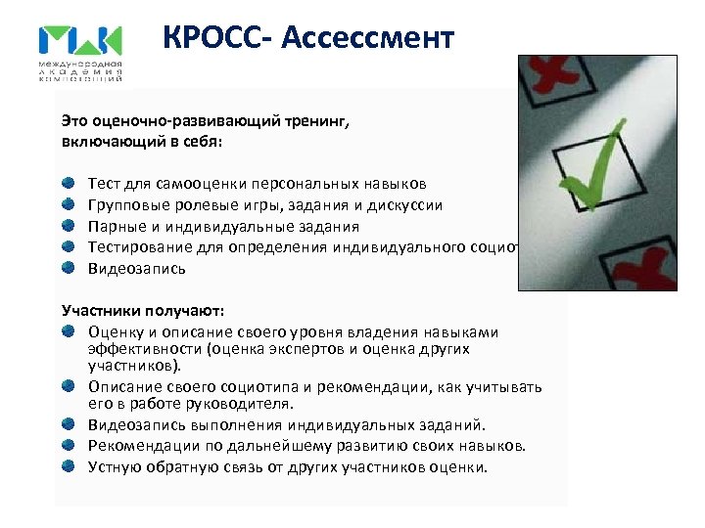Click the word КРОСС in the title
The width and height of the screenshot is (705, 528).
click(x=217, y=38)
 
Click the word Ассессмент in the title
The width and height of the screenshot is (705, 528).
click(x=368, y=38)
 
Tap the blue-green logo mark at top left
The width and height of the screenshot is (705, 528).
click(x=80, y=42)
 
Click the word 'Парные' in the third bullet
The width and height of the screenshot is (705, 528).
click(x=114, y=226)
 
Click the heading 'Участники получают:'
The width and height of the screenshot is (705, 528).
click(x=143, y=310)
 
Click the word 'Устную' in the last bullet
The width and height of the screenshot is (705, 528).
click(x=114, y=466)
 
